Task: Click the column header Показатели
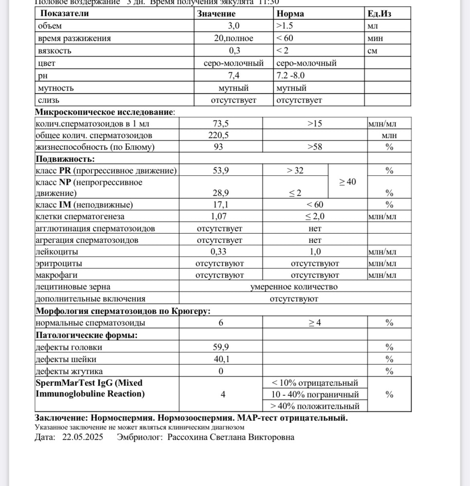[x=64, y=14]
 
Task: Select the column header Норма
[x=290, y=14]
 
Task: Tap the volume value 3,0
[x=234, y=26]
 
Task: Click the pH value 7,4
[x=234, y=75]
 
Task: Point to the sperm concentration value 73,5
[x=221, y=123]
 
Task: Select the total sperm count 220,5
[x=221, y=135]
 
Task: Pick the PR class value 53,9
[x=221, y=170]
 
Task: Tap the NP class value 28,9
[x=221, y=193]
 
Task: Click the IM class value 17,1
[x=221, y=205]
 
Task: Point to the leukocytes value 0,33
[x=219, y=252]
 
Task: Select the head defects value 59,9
[x=221, y=347]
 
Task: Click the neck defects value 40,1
[x=221, y=359]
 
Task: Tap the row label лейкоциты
[x=56, y=252]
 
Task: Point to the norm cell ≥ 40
[x=347, y=182]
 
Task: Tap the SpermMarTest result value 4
[x=223, y=394]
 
